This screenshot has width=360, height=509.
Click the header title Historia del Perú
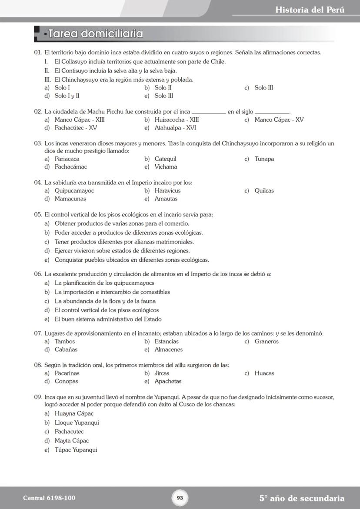tap(310, 10)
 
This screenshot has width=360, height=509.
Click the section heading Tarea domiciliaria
tap(95, 33)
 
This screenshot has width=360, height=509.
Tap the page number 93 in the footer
tap(180, 498)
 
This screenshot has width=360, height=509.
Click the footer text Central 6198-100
tap(46, 498)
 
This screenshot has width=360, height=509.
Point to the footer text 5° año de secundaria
tap(302, 498)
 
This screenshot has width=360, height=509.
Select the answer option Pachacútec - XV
tap(76, 128)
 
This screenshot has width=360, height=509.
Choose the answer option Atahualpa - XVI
tap(175, 128)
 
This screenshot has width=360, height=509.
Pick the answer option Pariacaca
tap(67, 159)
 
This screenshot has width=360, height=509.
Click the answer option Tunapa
tap(264, 159)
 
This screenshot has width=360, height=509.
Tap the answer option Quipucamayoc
tap(74, 190)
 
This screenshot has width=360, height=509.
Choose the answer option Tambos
tap(65, 341)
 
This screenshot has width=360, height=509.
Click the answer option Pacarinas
tap(67, 373)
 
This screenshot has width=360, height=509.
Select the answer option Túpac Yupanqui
tap(76, 450)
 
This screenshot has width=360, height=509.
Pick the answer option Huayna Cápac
tap(74, 413)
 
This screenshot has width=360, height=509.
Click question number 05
tap(38, 214)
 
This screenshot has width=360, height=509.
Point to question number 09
tap(38, 397)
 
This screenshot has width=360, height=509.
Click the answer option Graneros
tap(267, 341)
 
